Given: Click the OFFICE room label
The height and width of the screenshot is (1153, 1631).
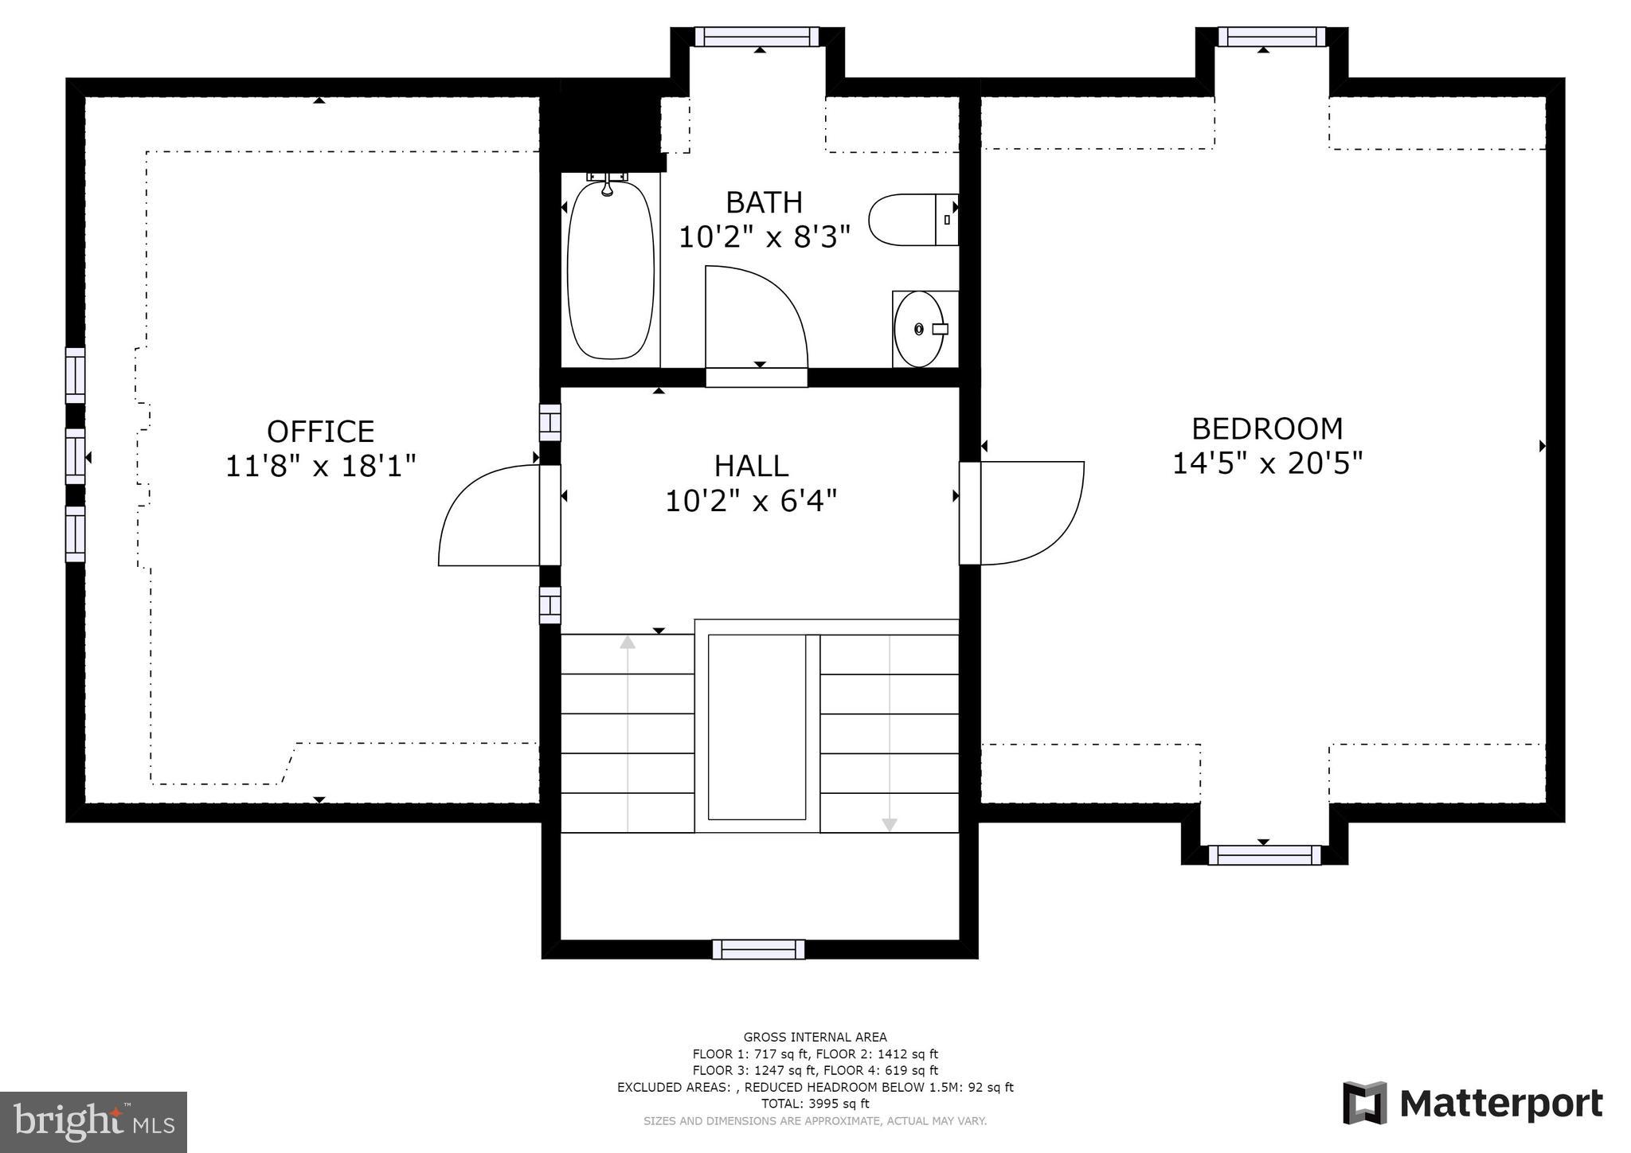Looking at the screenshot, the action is [x=320, y=432].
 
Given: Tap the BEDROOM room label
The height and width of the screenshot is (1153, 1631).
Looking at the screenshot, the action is [x=1267, y=429].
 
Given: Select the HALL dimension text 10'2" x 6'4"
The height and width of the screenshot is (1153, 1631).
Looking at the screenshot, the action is [x=751, y=501].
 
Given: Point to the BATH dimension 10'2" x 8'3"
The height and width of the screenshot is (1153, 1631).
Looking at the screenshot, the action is [x=764, y=236].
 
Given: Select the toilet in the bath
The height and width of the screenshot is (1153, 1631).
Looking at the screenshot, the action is [x=913, y=219].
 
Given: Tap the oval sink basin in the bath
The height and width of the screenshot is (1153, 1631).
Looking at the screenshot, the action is [x=919, y=329].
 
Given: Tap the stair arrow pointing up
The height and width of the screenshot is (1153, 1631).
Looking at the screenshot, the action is [x=628, y=733].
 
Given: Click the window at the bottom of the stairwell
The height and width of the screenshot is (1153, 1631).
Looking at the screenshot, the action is [x=758, y=949].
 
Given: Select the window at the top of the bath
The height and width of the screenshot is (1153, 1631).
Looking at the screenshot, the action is [x=757, y=37].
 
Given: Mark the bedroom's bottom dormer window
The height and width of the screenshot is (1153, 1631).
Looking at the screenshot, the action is [x=1264, y=855].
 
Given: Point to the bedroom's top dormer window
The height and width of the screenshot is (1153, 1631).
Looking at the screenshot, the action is [x=1272, y=37].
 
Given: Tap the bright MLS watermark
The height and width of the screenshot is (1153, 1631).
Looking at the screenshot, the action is [x=94, y=1122].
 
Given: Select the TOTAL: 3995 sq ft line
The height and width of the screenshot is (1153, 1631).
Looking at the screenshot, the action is [x=815, y=1104].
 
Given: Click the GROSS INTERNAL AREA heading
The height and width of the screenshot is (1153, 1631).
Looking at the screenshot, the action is [x=815, y=1037].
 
